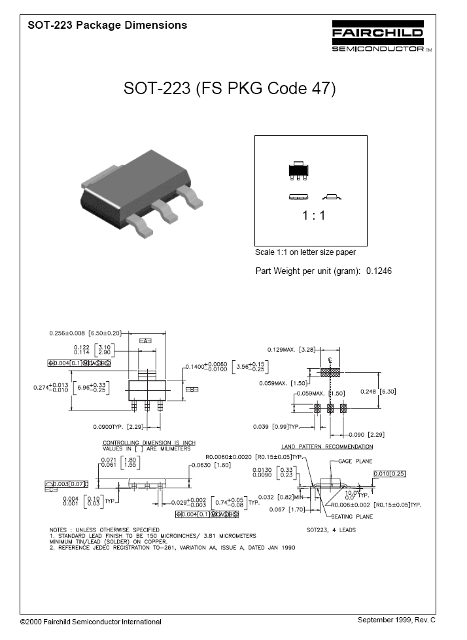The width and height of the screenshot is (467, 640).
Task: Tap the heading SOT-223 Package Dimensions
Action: [107, 25]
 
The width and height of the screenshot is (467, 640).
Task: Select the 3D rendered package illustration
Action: [138, 190]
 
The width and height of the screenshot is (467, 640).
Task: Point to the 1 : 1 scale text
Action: [314, 216]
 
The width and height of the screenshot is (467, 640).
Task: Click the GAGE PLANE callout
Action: [355, 462]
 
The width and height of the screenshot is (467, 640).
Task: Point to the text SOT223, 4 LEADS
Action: [331, 530]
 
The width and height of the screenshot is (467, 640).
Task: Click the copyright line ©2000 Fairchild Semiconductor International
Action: [90, 622]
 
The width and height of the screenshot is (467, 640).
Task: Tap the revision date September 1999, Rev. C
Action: [396, 619]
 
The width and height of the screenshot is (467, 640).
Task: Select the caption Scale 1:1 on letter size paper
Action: [305, 252]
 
